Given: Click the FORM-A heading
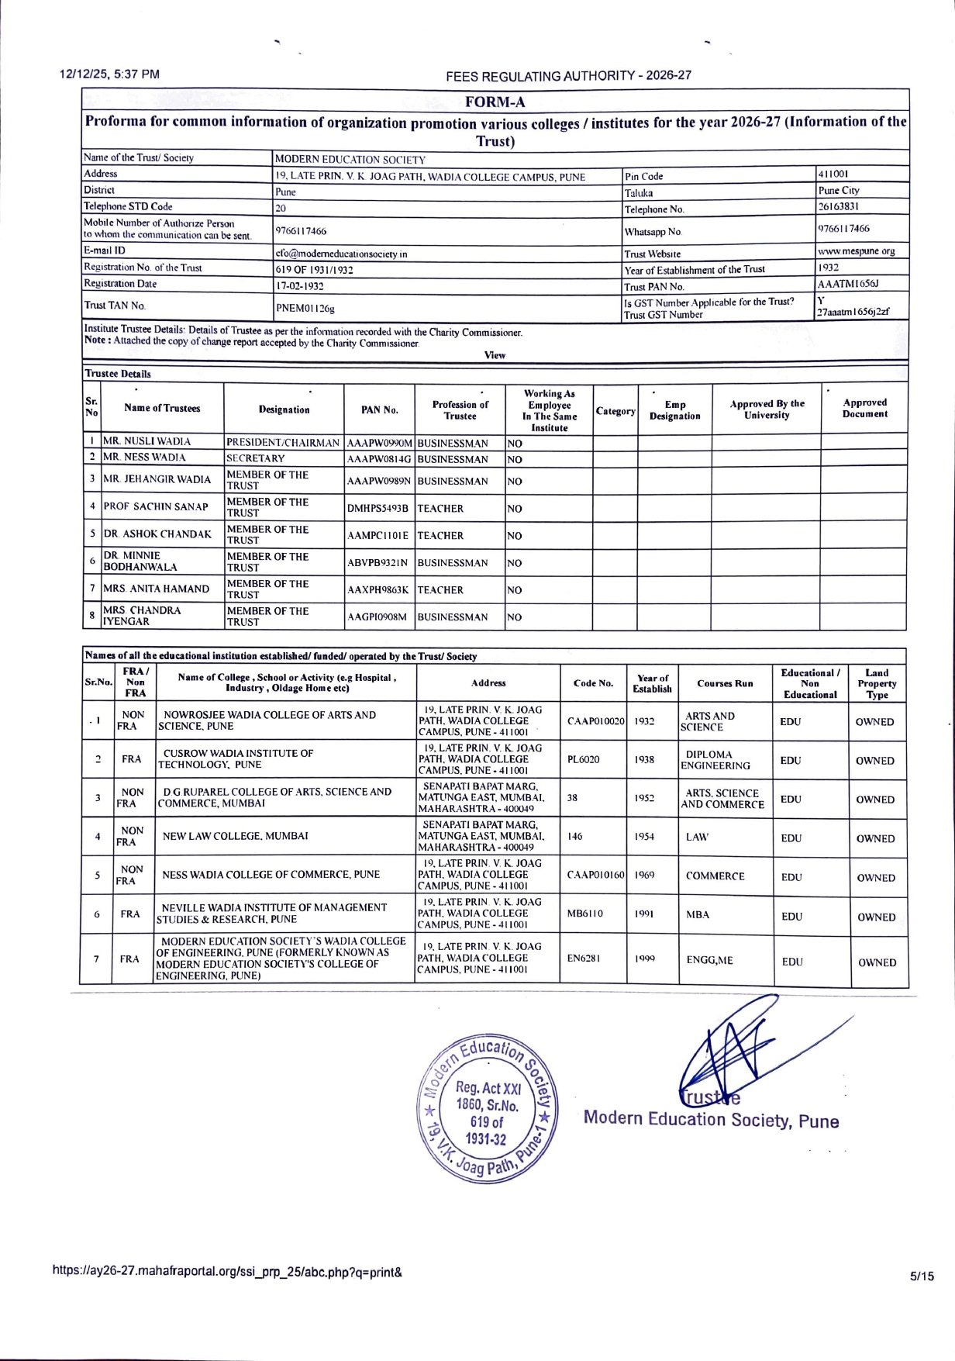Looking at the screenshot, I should click(495, 102).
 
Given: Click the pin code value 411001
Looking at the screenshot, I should click(833, 174).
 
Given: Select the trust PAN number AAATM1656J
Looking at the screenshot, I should click(848, 284).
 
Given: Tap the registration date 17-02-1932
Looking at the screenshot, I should click(300, 285).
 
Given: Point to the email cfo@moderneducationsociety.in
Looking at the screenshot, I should click(342, 254).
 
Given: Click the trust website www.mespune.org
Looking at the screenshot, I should click(856, 251).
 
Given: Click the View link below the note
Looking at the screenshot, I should click(495, 355).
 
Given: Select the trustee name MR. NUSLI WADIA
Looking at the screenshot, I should click(147, 441).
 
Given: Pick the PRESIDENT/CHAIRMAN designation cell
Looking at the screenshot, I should click(283, 443).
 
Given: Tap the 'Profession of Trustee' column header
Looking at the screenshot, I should click(460, 410).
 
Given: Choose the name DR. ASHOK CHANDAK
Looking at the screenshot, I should click(157, 534).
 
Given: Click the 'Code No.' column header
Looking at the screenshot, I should click(593, 683).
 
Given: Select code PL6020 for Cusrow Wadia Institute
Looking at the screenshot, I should click(584, 760).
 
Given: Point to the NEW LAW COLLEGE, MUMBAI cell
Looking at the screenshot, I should click(235, 836).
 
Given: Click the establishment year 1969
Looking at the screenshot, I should click(644, 875).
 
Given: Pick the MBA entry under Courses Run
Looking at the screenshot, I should click(698, 914).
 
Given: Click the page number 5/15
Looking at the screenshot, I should click(922, 1276).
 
